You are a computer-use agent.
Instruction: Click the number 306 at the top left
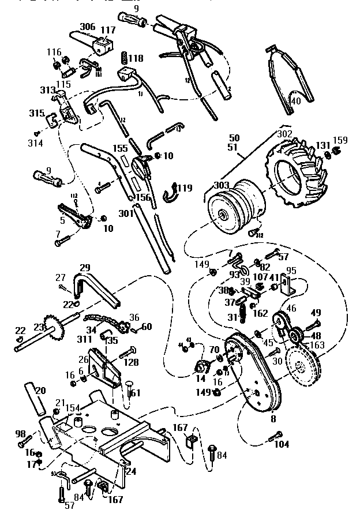click(x=88, y=27)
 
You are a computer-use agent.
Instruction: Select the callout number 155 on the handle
click(x=120, y=148)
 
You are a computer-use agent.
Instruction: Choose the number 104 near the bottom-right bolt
click(x=282, y=445)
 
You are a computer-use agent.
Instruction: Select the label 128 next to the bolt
click(x=131, y=362)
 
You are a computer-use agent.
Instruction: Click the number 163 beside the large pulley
click(x=317, y=346)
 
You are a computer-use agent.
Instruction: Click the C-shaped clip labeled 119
click(x=171, y=192)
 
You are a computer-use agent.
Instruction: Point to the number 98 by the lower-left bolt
click(x=20, y=433)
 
